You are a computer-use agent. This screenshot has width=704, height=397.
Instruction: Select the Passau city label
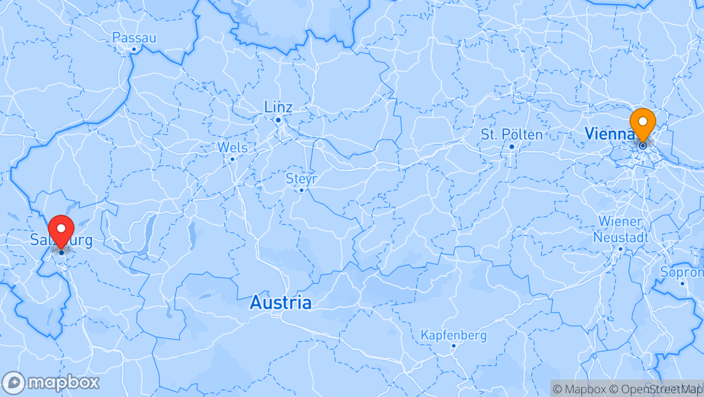coord(134,38)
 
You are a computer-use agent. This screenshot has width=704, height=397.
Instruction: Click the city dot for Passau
coord(133,49)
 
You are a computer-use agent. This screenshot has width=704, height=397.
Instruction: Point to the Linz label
coord(278,107)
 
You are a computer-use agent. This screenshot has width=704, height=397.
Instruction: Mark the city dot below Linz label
coord(278,120)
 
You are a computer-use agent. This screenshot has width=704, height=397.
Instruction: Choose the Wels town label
coord(232,147)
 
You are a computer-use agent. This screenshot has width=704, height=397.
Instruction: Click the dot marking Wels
coord(232,159)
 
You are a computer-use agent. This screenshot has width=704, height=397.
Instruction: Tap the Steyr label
coord(301,179)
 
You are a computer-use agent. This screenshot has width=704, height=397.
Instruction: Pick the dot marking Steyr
coord(301,190)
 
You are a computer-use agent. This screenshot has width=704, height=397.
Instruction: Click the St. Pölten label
coord(511,134)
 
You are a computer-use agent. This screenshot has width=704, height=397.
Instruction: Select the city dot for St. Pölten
coord(511,146)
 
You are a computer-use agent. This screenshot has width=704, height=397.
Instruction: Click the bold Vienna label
coord(609,134)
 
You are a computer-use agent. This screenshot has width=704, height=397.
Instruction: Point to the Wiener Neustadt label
coord(620,229)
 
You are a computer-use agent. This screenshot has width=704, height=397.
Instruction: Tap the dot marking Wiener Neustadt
coord(620,249)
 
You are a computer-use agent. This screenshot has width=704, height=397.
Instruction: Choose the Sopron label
coord(682,272)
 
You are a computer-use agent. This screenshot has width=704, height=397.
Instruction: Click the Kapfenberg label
coord(453,336)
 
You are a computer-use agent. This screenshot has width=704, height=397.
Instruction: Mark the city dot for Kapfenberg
coord(453,346)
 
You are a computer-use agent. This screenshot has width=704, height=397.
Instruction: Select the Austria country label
coord(280,303)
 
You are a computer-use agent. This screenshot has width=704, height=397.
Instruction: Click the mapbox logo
coord(51,382)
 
